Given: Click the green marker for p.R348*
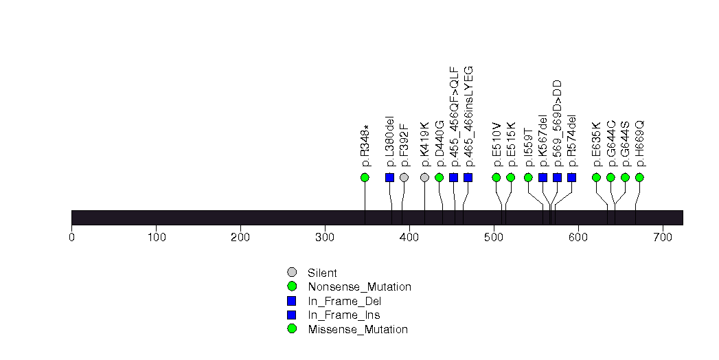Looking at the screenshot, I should click(365, 177).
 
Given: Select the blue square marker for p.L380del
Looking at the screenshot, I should click(390, 177).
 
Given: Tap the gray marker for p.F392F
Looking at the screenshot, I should click(404, 177).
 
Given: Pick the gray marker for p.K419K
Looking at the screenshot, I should click(424, 177).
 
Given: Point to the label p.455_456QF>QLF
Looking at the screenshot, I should click(453, 117).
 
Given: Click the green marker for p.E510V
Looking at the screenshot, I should click(497, 177).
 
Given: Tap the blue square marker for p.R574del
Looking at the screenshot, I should click(571, 177).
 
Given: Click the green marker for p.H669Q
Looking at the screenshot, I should click(639, 177).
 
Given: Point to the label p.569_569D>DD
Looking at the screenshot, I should click(557, 123).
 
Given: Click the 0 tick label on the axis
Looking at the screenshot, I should click(71, 238).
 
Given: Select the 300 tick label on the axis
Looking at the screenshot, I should click(325, 238).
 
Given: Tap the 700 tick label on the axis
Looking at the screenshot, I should click(663, 238).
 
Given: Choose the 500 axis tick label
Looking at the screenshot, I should click(494, 238).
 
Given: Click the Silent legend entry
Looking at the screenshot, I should click(322, 273).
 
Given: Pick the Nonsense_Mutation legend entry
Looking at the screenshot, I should click(359, 286).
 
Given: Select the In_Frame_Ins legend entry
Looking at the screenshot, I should click(344, 315).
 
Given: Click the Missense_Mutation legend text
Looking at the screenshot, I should click(358, 329).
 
